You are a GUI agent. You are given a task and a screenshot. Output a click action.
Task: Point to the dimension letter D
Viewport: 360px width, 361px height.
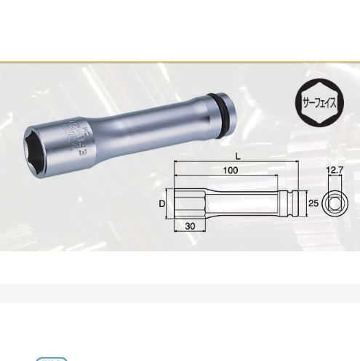162,204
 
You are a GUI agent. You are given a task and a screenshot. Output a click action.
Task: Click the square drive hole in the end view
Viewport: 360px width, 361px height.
334,204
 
